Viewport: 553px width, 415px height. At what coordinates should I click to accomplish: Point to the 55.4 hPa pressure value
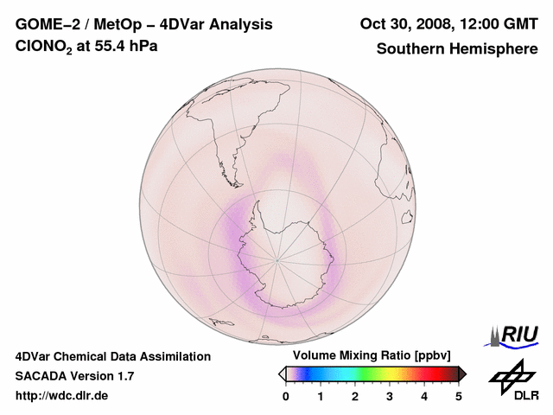point(126,47)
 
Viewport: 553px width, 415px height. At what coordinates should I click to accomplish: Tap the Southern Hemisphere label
point(457,48)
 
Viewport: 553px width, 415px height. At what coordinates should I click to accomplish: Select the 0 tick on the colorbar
point(286,396)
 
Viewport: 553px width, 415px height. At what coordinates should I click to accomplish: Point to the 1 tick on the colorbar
point(321,396)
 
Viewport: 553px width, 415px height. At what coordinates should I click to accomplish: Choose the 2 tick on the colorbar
point(355,396)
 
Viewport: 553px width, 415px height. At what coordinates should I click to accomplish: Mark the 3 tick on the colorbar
point(390,396)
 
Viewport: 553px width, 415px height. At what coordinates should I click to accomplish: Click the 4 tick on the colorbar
point(424,396)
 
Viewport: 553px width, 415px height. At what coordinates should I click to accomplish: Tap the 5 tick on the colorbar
point(459,396)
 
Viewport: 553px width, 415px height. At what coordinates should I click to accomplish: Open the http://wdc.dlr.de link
point(62,396)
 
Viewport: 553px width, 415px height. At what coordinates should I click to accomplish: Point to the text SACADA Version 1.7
point(74,376)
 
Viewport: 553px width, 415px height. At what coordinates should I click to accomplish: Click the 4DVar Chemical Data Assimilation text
point(113,356)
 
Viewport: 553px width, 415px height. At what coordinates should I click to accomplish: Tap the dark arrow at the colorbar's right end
point(462,373)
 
